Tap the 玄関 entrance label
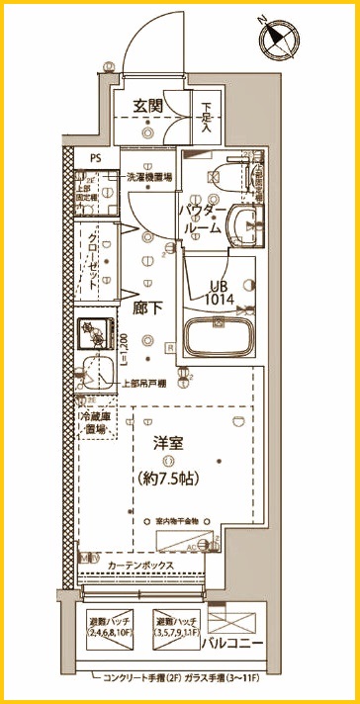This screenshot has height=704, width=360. point(148,106)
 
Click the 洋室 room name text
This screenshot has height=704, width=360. point(165,445)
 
